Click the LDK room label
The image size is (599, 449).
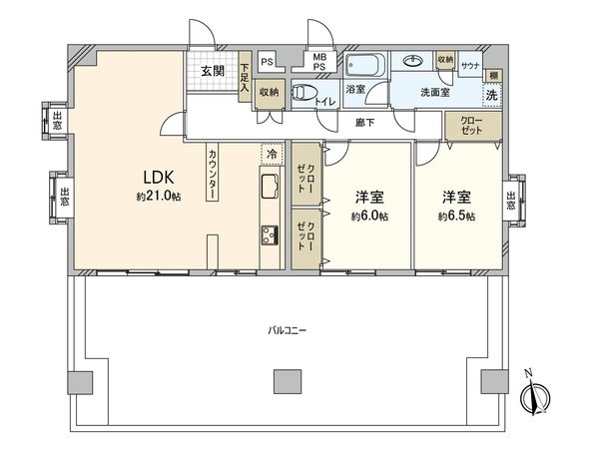pos(156,178)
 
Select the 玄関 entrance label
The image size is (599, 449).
pos(211,71)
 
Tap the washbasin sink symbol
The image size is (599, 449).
pos(411,61)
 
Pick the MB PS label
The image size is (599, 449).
pos(320,62)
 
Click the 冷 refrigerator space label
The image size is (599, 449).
pos(270,155)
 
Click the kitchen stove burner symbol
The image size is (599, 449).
pos(270,235)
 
